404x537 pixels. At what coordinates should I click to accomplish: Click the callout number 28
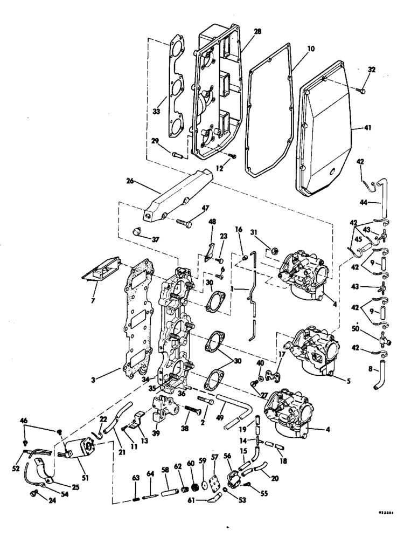[x=257, y=31]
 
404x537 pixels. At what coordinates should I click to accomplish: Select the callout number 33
[x=156, y=111]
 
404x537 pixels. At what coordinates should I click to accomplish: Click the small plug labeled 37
[x=137, y=232]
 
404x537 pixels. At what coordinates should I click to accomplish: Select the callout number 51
[x=85, y=477]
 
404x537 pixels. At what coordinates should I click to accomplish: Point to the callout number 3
[x=93, y=379]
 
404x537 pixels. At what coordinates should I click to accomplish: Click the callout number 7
[x=93, y=301]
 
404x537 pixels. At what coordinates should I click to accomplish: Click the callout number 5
[x=348, y=380]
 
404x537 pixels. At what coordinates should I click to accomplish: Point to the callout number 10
[x=311, y=49]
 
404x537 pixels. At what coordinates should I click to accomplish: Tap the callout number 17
[x=281, y=355]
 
